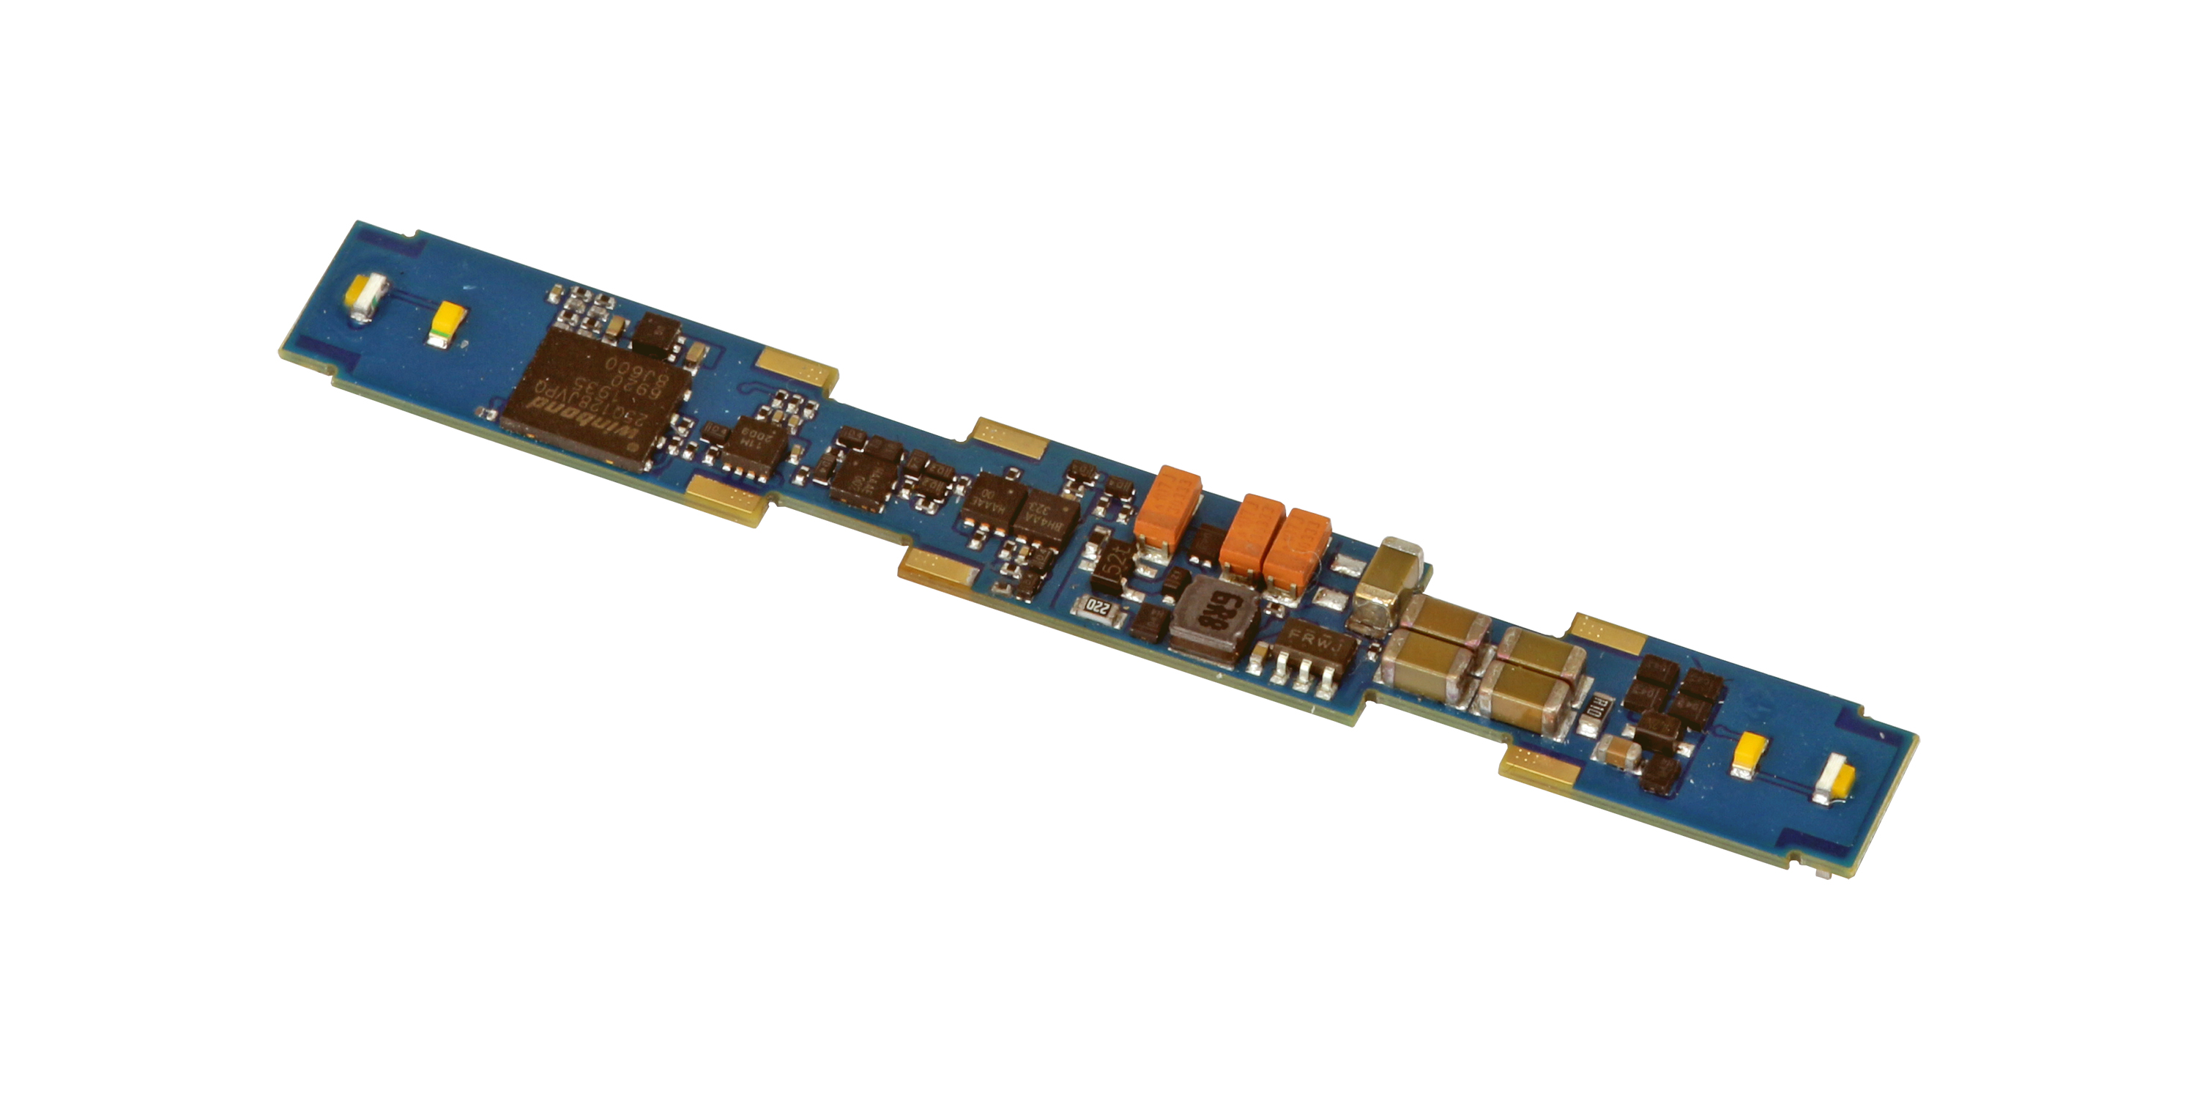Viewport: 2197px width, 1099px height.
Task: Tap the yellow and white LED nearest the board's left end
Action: point(368,299)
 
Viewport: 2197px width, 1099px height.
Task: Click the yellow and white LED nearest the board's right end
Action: point(1834,783)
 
